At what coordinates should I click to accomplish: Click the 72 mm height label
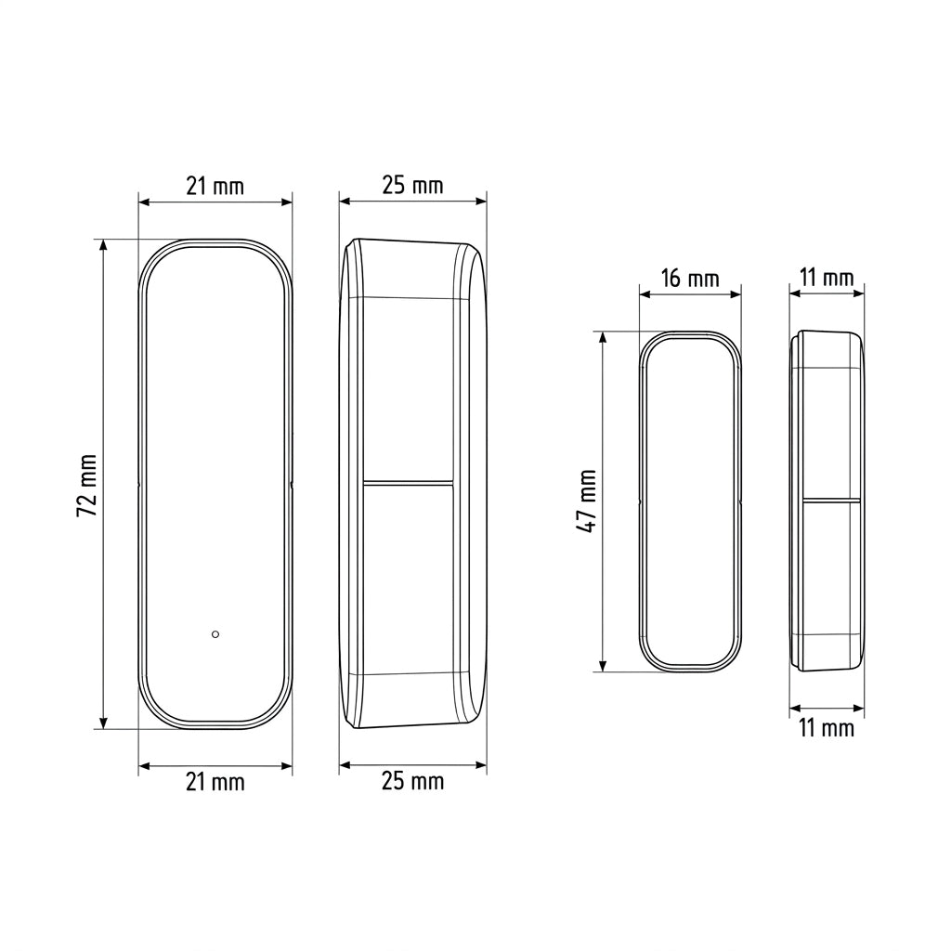pyautogui.click(x=87, y=485)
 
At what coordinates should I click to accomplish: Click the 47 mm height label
pyautogui.click(x=587, y=501)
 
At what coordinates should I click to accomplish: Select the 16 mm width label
pyautogui.click(x=690, y=279)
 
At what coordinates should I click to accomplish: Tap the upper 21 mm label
pyautogui.click(x=215, y=186)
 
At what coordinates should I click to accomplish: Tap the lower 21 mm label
pyautogui.click(x=215, y=782)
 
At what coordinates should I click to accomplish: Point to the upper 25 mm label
pyautogui.click(x=413, y=185)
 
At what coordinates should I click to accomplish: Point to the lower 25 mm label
pyautogui.click(x=413, y=780)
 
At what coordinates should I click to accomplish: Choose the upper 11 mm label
pyautogui.click(x=827, y=278)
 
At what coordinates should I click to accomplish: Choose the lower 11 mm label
pyautogui.click(x=827, y=728)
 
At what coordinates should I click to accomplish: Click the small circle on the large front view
pyautogui.click(x=215, y=634)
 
